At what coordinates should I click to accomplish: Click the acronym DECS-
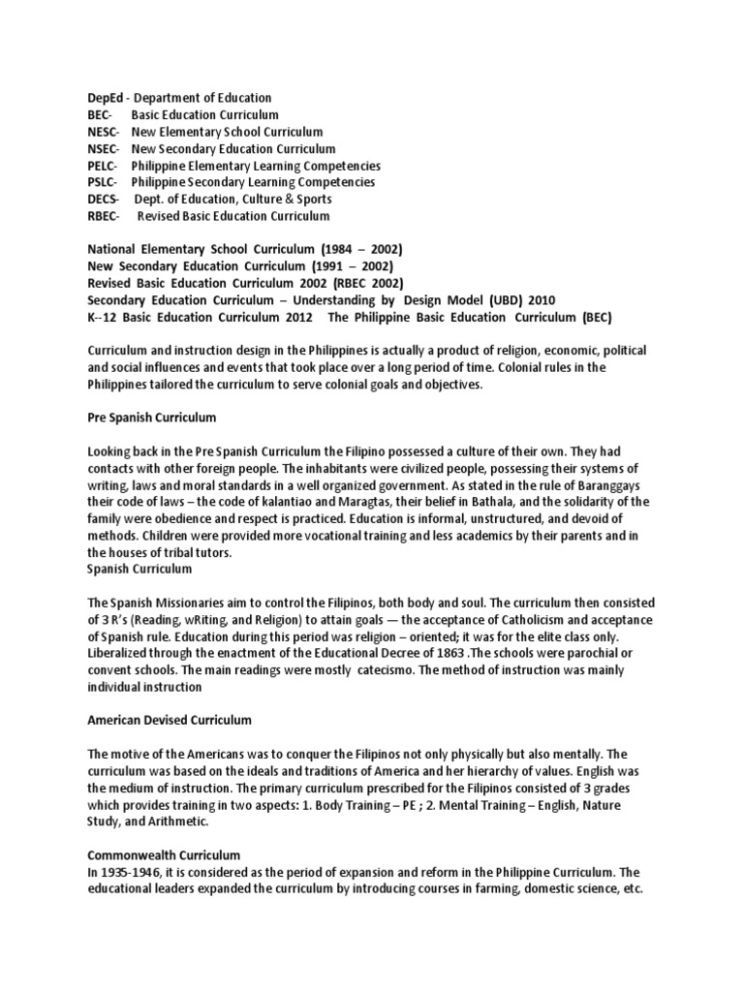tap(104, 200)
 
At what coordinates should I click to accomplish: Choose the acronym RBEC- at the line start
tap(104, 216)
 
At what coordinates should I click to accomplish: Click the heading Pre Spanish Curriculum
tap(151, 417)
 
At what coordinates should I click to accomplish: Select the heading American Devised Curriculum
tap(170, 720)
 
